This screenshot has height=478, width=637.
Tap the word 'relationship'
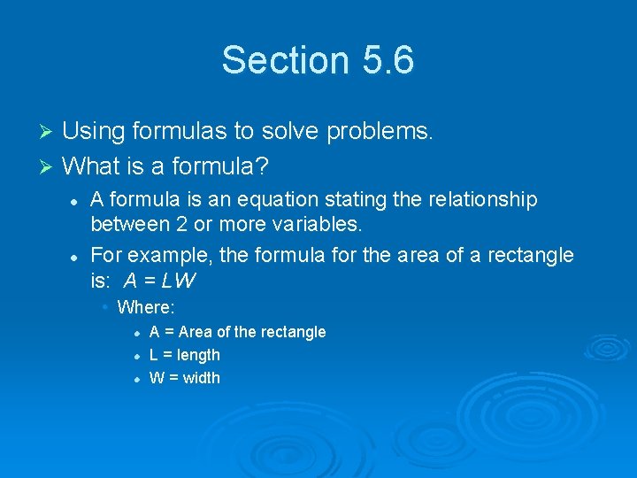[482, 200]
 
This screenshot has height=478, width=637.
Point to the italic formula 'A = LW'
[160, 281]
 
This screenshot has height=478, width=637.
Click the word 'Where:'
[146, 308]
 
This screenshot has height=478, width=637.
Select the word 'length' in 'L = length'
[198, 355]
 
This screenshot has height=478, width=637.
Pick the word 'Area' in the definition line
[196, 332]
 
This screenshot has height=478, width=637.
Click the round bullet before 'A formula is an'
[76, 201]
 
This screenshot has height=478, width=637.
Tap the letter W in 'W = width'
[157, 378]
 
